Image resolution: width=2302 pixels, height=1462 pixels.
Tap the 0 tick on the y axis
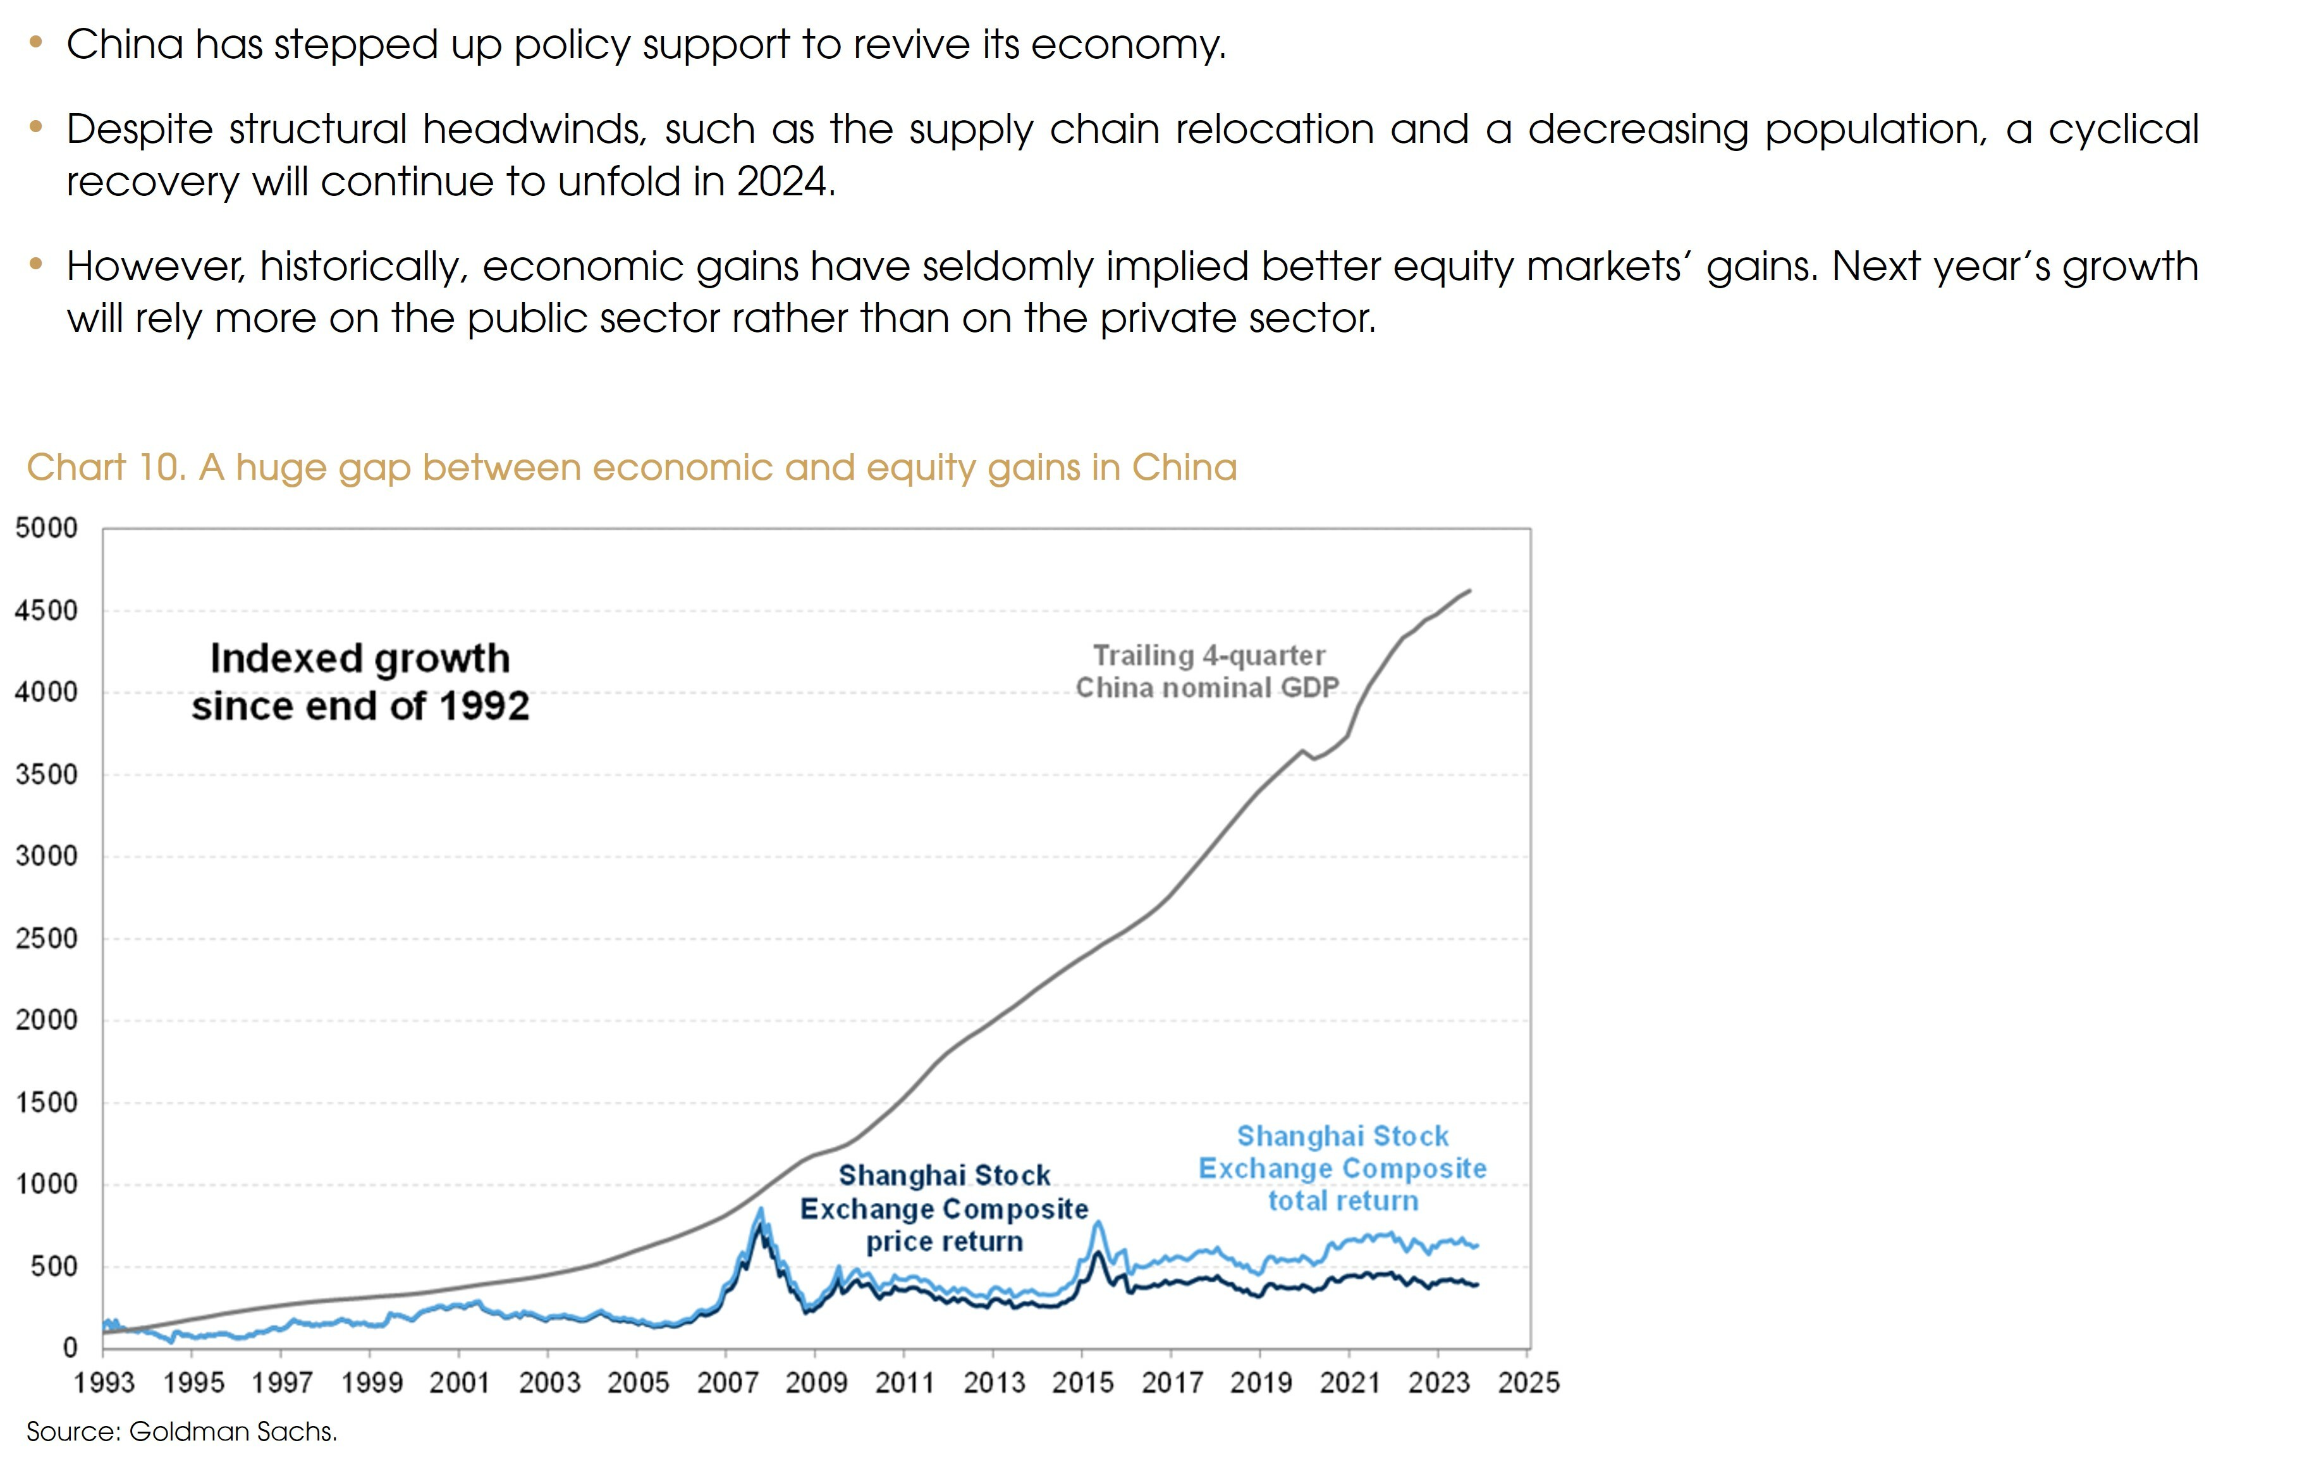point(70,1348)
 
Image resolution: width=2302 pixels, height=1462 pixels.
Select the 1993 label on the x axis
point(104,1383)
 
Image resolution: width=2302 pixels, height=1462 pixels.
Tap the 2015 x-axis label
point(1082,1383)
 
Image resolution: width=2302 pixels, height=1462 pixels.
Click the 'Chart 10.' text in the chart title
point(105,467)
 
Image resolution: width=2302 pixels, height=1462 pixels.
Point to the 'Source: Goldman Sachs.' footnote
point(181,1432)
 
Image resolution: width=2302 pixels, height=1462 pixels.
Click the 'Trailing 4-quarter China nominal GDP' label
point(1208,672)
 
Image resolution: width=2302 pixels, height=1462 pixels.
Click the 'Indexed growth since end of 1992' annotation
point(360,682)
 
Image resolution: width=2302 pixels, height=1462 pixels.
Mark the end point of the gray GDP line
point(1469,590)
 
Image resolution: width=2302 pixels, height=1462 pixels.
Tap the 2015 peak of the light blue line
point(1098,1222)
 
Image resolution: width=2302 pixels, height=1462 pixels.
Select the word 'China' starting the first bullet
point(125,44)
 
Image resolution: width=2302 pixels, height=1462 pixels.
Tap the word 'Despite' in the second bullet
point(140,129)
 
